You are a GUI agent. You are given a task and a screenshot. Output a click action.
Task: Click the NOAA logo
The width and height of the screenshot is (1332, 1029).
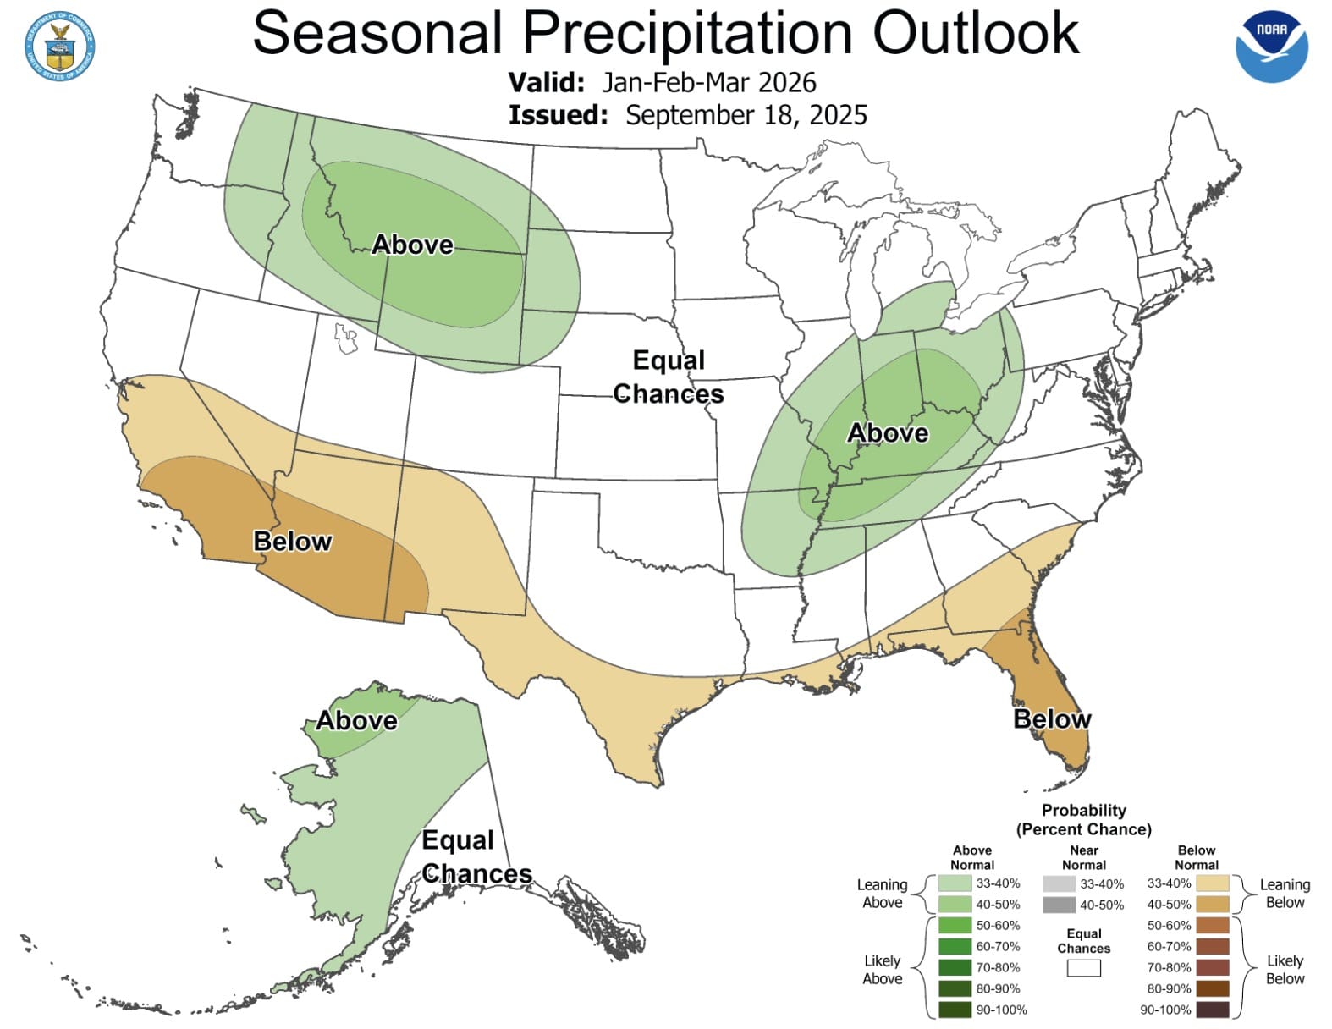[1271, 47]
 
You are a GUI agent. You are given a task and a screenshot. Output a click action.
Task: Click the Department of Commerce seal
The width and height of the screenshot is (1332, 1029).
[60, 47]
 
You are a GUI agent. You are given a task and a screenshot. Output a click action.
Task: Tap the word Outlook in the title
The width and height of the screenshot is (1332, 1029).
[975, 34]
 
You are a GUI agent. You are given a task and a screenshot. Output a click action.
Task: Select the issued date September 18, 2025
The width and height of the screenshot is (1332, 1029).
[746, 115]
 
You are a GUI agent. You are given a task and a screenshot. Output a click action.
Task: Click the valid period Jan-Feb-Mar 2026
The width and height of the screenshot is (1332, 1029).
[708, 83]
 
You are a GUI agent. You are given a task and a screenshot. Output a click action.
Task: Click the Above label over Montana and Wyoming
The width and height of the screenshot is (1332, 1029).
[413, 245]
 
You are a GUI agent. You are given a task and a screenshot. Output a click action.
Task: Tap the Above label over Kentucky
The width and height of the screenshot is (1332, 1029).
[888, 433]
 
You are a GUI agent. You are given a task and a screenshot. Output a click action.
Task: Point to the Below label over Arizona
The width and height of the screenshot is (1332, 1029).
[292, 542]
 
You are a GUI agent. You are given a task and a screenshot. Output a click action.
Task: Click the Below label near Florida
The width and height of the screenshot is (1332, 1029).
[1052, 719]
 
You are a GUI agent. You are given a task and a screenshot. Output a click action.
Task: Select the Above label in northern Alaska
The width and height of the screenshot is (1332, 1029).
[356, 721]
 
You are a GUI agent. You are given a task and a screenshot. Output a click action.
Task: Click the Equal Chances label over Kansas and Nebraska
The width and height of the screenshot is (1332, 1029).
[669, 377]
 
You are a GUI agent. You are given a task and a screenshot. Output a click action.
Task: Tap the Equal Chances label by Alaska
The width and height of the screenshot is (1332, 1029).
[476, 857]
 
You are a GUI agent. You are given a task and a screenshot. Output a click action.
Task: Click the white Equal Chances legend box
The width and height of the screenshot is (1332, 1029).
[1083, 968]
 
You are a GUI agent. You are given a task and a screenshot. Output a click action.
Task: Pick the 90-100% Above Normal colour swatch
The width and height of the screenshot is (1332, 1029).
[954, 1010]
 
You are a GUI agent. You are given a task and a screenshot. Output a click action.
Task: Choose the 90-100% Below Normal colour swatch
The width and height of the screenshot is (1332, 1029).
[1213, 1010]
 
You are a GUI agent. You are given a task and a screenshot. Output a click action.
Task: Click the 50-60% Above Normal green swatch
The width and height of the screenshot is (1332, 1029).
[954, 926]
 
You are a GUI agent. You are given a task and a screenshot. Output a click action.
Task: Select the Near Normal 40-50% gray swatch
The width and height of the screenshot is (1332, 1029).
[1059, 905]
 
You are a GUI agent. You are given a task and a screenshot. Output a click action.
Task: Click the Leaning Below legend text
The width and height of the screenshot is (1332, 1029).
[1284, 894]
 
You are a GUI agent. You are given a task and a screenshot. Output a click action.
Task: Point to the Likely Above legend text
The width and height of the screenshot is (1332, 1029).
[882, 970]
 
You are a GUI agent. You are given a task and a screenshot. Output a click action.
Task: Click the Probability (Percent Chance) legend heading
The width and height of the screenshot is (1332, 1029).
[1083, 820]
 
